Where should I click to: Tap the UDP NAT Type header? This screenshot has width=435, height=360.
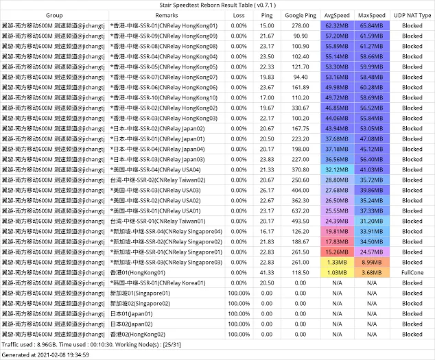(412, 15)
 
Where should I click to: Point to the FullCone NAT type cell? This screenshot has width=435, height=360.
(412, 272)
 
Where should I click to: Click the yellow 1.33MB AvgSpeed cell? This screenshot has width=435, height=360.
(338, 262)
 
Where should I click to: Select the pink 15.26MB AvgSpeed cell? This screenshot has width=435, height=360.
(338, 252)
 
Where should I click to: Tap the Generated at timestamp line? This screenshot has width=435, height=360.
(47, 355)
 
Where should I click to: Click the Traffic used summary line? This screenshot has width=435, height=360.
(96, 344)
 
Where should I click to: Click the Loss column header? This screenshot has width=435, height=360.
(239, 15)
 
